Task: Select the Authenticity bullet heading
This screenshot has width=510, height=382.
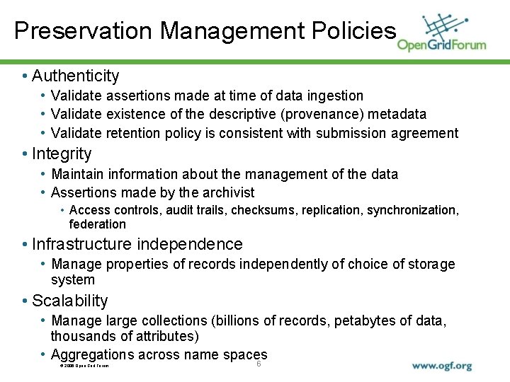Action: (x=76, y=76)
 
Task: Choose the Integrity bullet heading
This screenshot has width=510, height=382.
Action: (x=62, y=154)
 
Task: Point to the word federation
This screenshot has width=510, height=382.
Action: (x=97, y=224)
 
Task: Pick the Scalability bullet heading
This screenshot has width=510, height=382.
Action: (x=70, y=301)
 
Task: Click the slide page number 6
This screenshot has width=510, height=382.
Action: (x=259, y=364)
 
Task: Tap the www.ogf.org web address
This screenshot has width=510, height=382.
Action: (x=442, y=366)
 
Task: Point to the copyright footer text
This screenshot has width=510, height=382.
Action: (x=84, y=366)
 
